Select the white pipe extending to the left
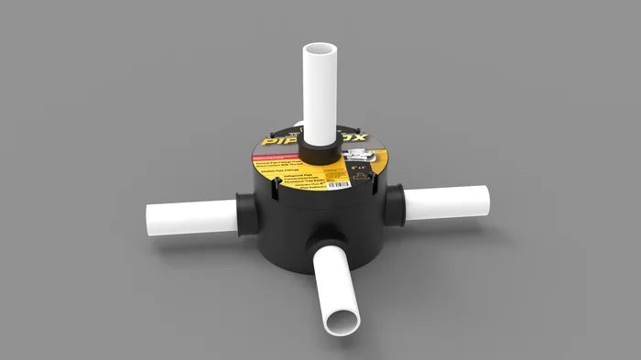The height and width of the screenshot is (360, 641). click(x=192, y=219)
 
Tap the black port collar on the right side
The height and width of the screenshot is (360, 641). click(x=397, y=201)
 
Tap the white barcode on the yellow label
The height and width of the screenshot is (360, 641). click(x=340, y=186)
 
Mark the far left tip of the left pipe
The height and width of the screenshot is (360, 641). click(x=148, y=221)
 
